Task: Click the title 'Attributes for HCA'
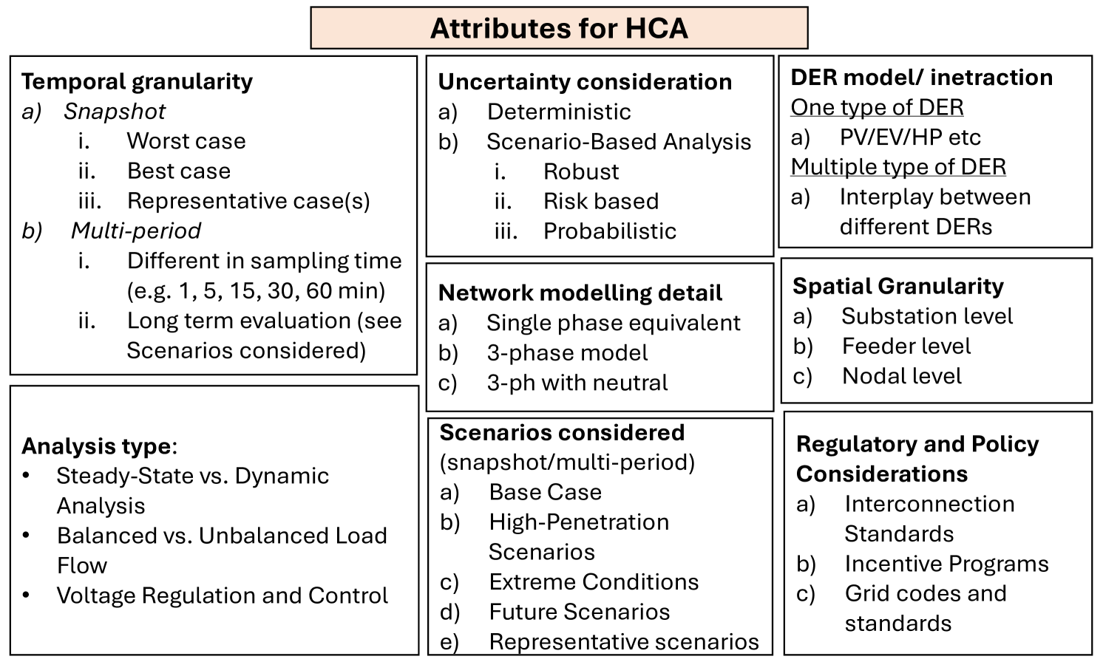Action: tap(559, 28)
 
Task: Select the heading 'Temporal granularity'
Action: tap(137, 81)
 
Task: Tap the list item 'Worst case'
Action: tap(186, 140)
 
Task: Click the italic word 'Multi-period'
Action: tap(135, 231)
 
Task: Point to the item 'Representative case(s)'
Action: tap(248, 201)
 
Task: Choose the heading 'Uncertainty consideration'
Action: tap(585, 81)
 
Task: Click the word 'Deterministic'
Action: tap(559, 112)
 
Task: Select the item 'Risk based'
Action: tap(600, 201)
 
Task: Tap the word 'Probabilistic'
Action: tap(610, 231)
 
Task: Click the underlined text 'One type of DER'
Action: tap(877, 107)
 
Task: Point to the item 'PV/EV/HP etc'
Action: tap(910, 137)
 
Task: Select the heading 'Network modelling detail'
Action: tap(580, 293)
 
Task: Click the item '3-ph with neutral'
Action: tap(577, 383)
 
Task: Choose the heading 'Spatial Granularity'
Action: tap(898, 286)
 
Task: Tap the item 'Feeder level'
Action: tap(906, 346)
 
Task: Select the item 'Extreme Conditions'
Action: tap(594, 582)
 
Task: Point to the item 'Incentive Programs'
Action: tap(946, 564)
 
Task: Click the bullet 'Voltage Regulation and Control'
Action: tap(222, 596)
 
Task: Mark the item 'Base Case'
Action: tap(545, 492)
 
